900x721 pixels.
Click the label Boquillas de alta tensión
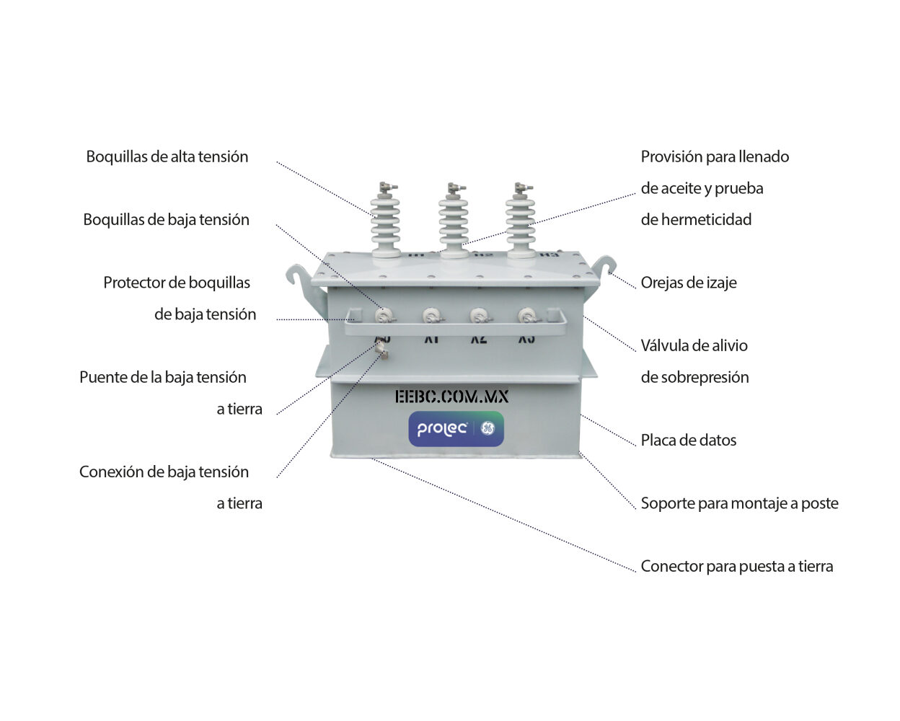[x=167, y=157]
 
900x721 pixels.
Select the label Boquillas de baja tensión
[x=166, y=220]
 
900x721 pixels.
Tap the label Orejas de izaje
[x=688, y=283]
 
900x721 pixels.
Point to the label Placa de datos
[x=688, y=441]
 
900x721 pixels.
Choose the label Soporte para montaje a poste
[x=739, y=503]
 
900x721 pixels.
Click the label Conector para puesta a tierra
[x=736, y=567]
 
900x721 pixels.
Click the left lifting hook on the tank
[x=298, y=278]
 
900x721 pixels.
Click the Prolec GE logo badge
[x=456, y=429]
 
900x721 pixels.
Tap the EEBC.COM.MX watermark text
[x=451, y=397]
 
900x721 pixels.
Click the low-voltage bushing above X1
[x=432, y=316]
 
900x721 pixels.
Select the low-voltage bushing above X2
[x=479, y=316]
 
